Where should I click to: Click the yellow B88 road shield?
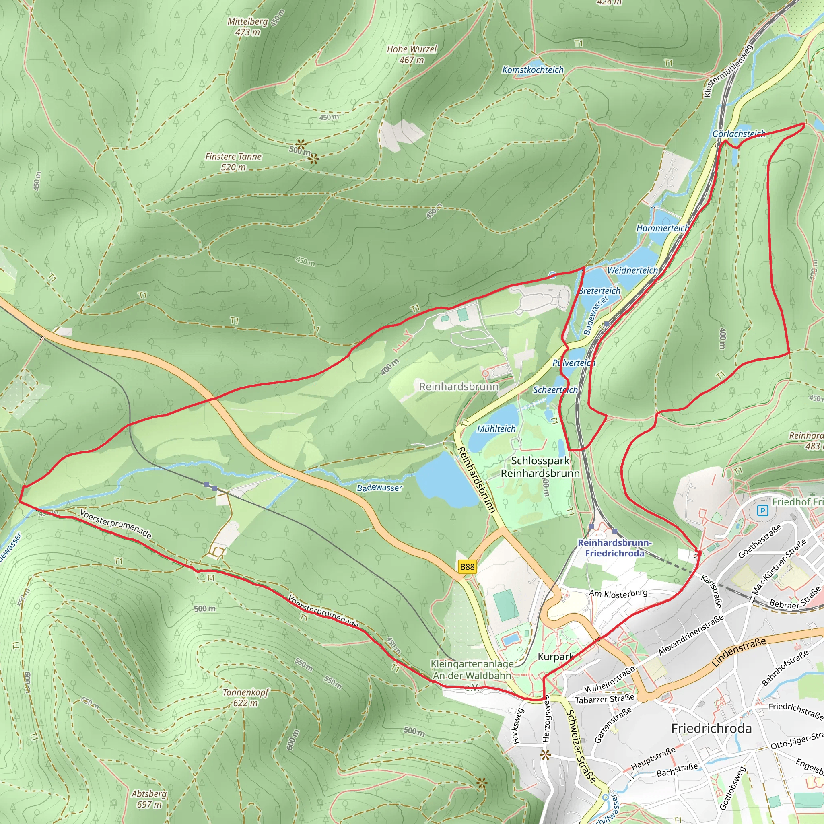(x=467, y=567)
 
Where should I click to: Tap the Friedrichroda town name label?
(x=711, y=729)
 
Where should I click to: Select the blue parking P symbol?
(x=762, y=511)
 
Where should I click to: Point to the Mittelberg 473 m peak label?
(x=247, y=27)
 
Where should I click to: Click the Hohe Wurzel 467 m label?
(x=412, y=55)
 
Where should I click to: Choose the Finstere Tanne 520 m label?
(x=233, y=162)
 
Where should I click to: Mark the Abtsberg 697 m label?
(x=149, y=799)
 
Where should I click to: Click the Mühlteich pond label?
(x=496, y=428)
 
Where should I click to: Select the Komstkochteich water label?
(x=533, y=70)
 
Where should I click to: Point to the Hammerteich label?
(x=662, y=228)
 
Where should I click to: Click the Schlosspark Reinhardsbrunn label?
(x=540, y=467)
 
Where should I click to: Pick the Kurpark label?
(x=554, y=657)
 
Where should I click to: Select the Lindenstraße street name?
(x=739, y=652)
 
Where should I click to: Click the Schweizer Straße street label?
(x=581, y=746)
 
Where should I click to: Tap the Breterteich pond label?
(x=599, y=291)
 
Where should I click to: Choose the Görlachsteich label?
(x=739, y=134)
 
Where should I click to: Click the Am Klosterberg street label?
(x=618, y=593)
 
